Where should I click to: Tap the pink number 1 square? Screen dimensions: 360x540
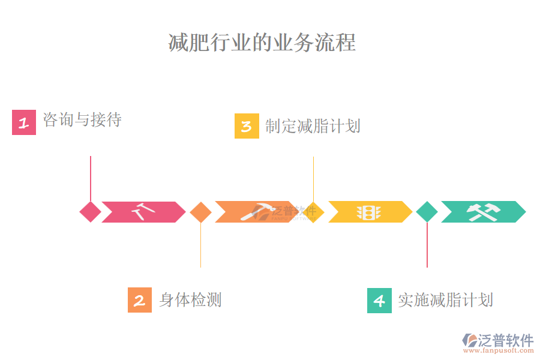click(24, 122)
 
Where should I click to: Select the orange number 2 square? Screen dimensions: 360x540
click(140, 300)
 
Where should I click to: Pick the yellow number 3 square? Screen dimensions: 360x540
click(247, 126)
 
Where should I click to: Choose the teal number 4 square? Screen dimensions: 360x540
click(379, 300)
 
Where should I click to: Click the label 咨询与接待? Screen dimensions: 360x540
click(82, 120)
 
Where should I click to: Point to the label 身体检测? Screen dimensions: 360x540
click(190, 299)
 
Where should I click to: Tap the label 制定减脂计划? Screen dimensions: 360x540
click(313, 126)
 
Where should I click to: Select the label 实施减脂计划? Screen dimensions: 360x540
click(445, 300)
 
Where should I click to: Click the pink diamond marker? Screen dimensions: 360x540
click(91, 212)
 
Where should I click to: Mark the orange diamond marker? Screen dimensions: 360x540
click(200, 212)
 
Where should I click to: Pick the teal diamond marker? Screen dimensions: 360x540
click(427, 212)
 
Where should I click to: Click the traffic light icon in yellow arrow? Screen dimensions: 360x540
click(368, 212)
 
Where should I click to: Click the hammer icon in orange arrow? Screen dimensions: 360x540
click(254, 212)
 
